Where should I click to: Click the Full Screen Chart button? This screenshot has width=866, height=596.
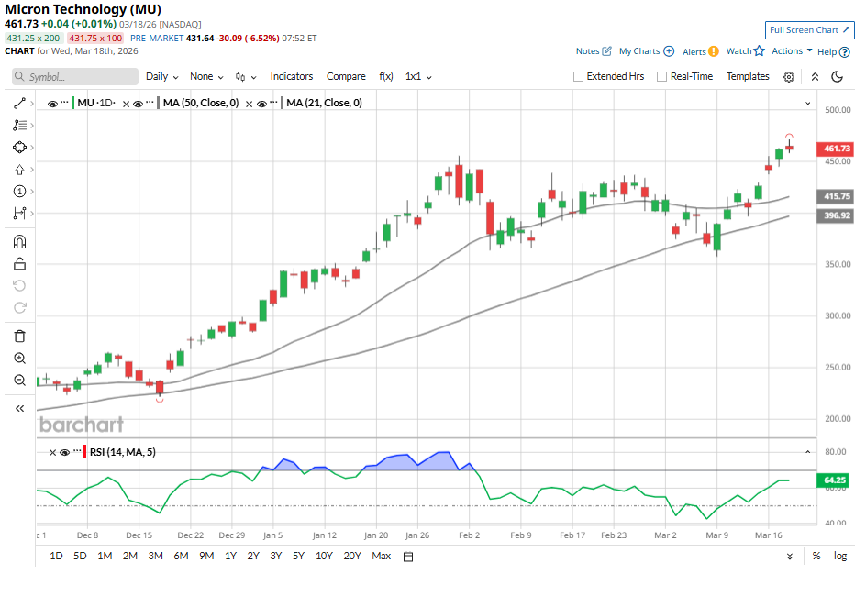point(810,30)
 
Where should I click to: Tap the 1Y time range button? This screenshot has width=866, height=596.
point(230,556)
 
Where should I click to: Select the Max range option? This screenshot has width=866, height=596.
point(382,556)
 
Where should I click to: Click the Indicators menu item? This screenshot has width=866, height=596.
point(292,77)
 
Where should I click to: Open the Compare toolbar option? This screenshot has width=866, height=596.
point(346,77)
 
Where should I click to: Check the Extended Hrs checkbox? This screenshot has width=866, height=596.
point(579,77)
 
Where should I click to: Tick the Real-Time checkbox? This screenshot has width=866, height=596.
point(662,77)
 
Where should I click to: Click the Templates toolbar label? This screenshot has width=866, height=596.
point(748,77)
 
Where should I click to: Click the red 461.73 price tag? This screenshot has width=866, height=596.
point(838,149)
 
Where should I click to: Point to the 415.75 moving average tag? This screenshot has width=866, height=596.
point(838,196)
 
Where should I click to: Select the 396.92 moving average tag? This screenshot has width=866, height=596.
point(838,215)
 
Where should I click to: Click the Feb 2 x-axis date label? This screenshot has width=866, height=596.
point(469,535)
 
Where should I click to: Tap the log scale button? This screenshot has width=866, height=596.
point(840,556)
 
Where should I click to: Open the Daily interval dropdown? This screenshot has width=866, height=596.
point(161,77)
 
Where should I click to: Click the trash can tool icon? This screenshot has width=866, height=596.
point(19,337)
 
